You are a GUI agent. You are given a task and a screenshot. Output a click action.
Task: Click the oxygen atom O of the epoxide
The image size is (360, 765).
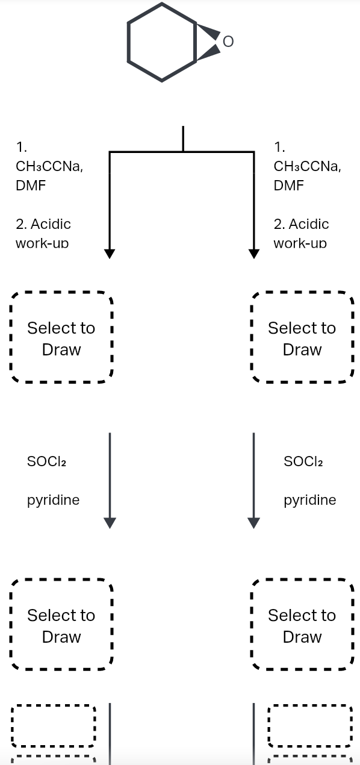point(227,42)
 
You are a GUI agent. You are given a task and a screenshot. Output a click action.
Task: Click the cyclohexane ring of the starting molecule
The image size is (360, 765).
point(161,42)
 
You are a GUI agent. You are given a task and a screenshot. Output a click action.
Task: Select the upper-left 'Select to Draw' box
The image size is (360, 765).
point(61,339)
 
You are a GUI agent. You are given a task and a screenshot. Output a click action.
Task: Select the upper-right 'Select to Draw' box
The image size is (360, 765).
point(302,339)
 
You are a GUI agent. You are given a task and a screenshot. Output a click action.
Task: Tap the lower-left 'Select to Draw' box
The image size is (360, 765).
point(61,626)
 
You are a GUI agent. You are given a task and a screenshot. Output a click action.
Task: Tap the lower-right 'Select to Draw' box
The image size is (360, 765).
point(302,626)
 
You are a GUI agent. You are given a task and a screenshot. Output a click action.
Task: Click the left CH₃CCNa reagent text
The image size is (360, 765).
point(49,166)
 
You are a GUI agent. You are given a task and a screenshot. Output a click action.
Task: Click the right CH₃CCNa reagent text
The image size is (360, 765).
point(307,166)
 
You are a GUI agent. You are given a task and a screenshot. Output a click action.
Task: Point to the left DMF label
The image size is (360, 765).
point(31,186)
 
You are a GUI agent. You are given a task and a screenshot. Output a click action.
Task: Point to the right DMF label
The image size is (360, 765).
point(288,186)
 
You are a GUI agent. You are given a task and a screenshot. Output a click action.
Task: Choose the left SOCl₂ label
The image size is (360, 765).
point(46,461)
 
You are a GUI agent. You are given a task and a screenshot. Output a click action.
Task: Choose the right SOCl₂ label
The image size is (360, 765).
point(303,461)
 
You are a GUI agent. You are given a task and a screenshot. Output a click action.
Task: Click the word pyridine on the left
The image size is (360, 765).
point(53,500)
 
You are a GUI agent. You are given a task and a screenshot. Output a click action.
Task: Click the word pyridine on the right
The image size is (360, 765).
point(310,500)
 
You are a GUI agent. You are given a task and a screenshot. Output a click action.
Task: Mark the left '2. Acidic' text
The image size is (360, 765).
point(43,224)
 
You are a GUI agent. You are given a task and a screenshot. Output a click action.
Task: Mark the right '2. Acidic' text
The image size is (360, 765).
point(301,224)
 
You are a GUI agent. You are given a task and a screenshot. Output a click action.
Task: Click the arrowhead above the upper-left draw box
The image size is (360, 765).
point(110,254)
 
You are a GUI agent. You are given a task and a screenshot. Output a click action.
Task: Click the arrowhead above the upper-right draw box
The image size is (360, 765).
point(254,254)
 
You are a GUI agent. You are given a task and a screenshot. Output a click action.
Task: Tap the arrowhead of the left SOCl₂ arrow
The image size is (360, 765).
point(110,523)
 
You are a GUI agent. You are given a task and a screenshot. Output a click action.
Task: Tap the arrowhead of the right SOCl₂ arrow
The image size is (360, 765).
point(254,523)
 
